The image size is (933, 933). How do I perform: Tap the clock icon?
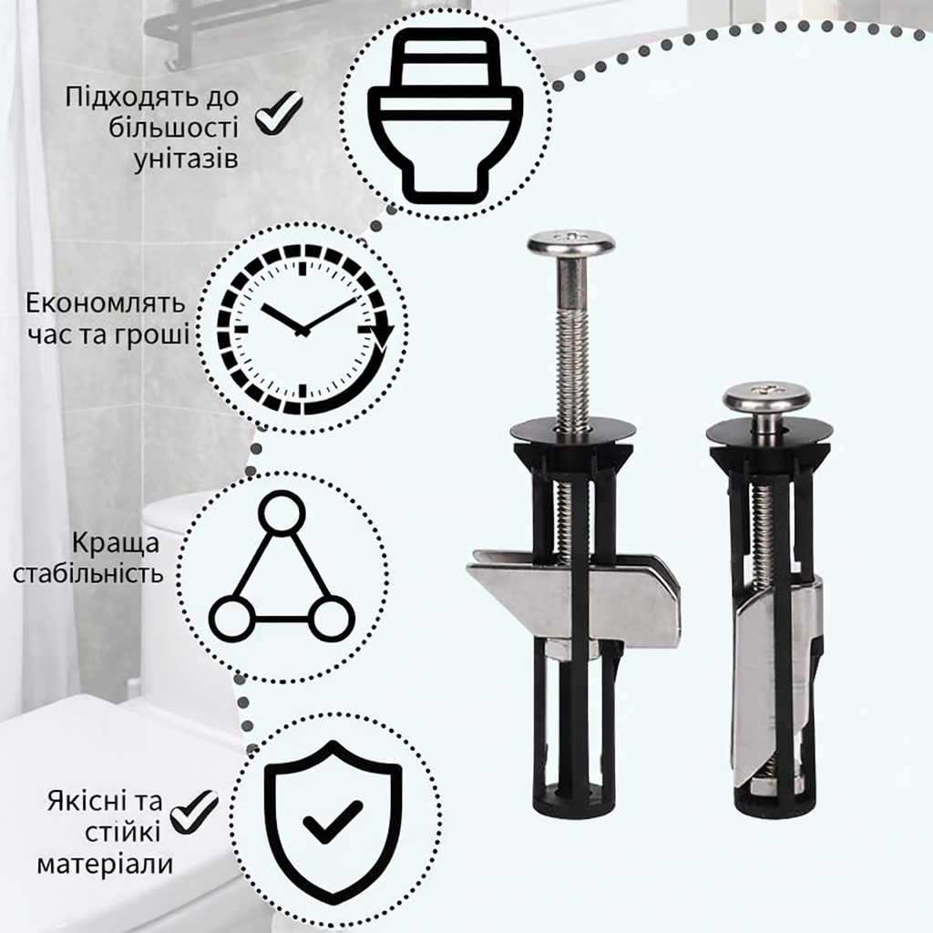pyautogui.click(x=304, y=328)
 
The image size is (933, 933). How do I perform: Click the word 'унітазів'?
pyautogui.click(x=186, y=159)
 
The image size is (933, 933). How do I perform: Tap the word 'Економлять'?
pyautogui.click(x=106, y=303)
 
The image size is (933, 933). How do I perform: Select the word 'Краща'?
pyautogui.click(x=116, y=544)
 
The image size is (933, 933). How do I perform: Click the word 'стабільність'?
pyautogui.click(x=88, y=574)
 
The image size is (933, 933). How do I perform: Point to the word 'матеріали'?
pyautogui.click(x=106, y=864)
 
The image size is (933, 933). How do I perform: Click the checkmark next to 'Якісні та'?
pyautogui.click(x=195, y=812)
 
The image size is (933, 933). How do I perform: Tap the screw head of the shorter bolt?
pyautogui.click(x=764, y=397)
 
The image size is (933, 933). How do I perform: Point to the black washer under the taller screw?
pyautogui.click(x=571, y=430)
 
